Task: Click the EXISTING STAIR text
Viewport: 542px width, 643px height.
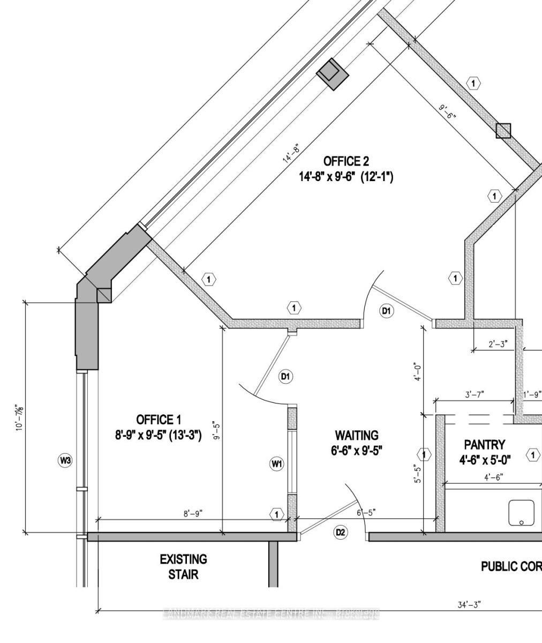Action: (183, 567)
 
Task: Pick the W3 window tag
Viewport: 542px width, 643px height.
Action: (65, 460)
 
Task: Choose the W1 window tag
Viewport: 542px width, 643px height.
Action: (276, 464)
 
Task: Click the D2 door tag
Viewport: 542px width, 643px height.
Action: (341, 532)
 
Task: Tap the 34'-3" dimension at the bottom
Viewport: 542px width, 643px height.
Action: (469, 604)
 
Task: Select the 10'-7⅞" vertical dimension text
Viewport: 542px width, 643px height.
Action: (20, 417)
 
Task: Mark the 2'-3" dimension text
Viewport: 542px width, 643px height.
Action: (498, 345)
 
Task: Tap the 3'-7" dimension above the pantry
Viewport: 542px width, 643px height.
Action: (475, 394)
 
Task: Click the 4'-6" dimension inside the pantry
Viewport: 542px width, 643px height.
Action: (493, 477)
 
